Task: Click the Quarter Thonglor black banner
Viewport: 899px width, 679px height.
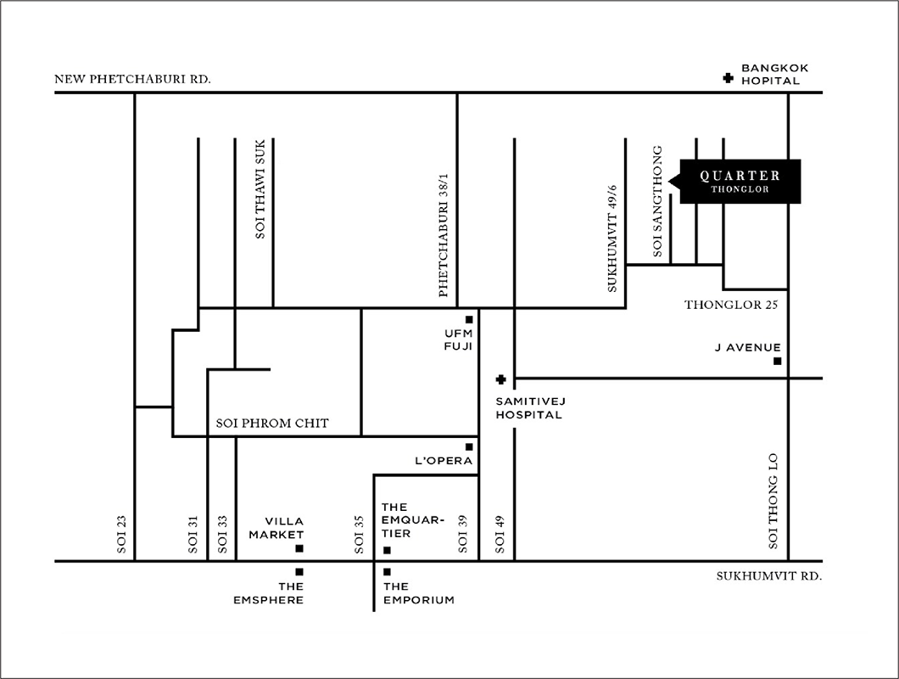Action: click(x=739, y=182)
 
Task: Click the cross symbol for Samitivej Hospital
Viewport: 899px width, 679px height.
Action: click(x=500, y=379)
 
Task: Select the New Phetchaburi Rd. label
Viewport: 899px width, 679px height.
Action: click(x=132, y=79)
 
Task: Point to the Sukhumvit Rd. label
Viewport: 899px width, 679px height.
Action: click(x=769, y=576)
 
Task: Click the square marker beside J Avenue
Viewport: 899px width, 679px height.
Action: click(x=778, y=361)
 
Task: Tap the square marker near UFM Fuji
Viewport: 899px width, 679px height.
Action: click(x=469, y=320)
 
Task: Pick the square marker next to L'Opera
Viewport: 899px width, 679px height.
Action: click(x=469, y=446)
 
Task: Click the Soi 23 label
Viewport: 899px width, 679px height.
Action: click(x=121, y=535)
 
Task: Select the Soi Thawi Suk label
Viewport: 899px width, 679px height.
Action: click(x=260, y=188)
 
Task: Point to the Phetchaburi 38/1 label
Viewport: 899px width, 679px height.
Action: click(x=443, y=235)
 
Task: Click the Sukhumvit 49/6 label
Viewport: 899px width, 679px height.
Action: click(x=612, y=238)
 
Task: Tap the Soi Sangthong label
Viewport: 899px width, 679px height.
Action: click(x=657, y=201)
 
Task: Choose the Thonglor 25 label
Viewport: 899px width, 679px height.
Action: click(x=731, y=305)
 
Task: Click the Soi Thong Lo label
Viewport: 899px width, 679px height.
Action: click(x=773, y=501)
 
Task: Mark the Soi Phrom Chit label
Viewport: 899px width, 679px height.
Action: click(x=272, y=424)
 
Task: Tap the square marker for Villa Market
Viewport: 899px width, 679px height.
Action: click(x=299, y=548)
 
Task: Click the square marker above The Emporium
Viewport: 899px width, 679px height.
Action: click(x=387, y=572)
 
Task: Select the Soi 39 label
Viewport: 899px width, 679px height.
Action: click(x=463, y=535)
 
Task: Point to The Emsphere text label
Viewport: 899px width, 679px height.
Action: click(x=268, y=593)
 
